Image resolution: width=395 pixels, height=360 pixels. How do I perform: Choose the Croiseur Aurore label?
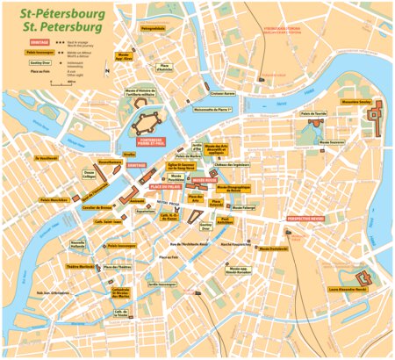[x=223, y=92]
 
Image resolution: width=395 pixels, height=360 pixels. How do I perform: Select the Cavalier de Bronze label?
[x=97, y=207]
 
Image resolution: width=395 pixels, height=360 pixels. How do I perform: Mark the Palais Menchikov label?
[x=54, y=200]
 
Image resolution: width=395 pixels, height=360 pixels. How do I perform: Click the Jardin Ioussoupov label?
[x=162, y=284]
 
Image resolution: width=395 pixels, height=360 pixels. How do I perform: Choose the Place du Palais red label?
[x=165, y=186]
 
